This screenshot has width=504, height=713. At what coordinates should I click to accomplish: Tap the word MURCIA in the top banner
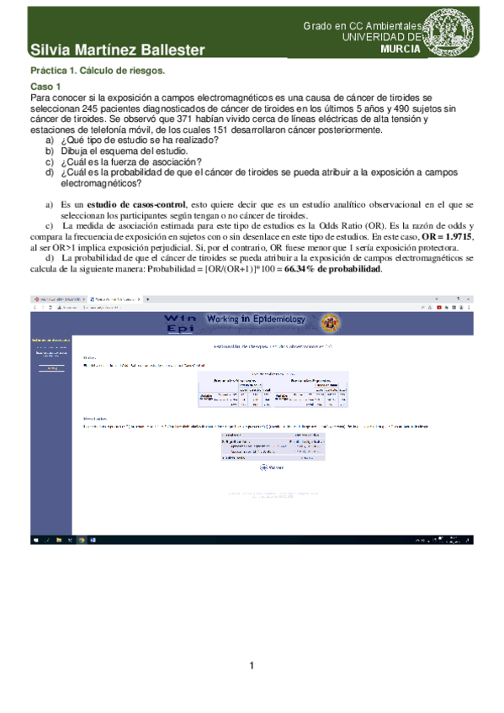[401, 50]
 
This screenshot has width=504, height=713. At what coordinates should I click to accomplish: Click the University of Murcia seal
[464, 30]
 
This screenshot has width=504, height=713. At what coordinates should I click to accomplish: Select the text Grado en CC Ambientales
[365, 27]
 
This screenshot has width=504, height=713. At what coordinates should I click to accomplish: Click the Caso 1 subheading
[45, 87]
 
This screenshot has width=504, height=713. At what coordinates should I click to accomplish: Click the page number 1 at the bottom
[252, 667]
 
